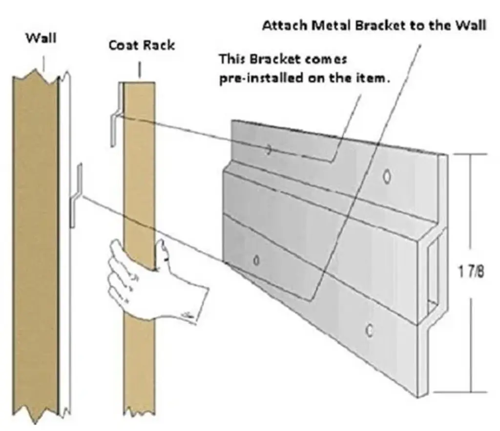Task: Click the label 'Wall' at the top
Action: click(x=41, y=38)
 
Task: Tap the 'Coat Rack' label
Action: click(x=142, y=45)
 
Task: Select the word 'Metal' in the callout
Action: click(x=326, y=26)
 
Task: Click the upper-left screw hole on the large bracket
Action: click(x=269, y=150)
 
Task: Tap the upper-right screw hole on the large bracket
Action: click(x=387, y=176)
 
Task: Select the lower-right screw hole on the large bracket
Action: click(x=370, y=330)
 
